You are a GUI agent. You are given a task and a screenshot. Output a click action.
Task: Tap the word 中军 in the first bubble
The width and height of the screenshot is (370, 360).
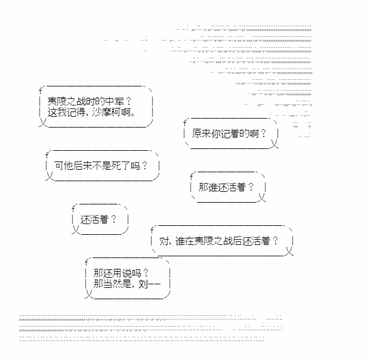coord(115,101)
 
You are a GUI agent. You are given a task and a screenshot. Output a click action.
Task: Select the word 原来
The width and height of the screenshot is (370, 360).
coord(201,134)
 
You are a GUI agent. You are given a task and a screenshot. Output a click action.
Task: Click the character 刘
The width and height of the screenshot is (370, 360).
coord(143,284)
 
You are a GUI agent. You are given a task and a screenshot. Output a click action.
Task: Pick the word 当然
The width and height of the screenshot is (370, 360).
coord(112,284)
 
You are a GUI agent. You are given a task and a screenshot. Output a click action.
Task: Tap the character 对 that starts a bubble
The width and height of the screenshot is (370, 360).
coord(164,241)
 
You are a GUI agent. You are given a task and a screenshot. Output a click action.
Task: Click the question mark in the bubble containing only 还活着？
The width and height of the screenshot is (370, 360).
coord(113,219)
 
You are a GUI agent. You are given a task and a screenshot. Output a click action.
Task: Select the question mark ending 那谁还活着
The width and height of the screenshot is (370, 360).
coord(251,187)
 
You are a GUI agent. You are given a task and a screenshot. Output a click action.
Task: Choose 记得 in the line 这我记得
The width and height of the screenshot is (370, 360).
coord(76,112)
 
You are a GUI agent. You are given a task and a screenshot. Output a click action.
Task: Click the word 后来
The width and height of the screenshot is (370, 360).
coord(82,166)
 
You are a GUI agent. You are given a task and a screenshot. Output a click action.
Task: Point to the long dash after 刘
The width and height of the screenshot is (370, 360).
coord(155,284)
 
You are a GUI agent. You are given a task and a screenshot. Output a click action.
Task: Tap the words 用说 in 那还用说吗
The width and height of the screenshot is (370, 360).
coord(122,274)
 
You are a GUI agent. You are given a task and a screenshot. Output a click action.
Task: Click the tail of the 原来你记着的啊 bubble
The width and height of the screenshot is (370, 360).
coord(275,144)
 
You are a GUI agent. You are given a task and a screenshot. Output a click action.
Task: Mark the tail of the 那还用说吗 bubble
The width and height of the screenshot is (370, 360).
coord(89,294)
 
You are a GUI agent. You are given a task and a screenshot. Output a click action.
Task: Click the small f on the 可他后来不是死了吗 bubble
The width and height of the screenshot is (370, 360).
coord(47,155)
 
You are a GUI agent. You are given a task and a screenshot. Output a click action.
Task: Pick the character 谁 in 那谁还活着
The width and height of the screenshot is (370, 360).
coord(212,187)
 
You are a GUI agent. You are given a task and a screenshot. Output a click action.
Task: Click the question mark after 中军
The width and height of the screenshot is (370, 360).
coord(128,101)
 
